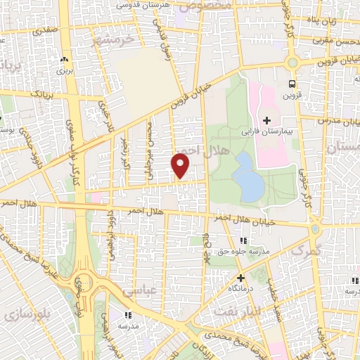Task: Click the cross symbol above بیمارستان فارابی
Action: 266,120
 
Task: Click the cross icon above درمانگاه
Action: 241,277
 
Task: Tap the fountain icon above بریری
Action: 65,59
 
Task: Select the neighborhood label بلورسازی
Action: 24,314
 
